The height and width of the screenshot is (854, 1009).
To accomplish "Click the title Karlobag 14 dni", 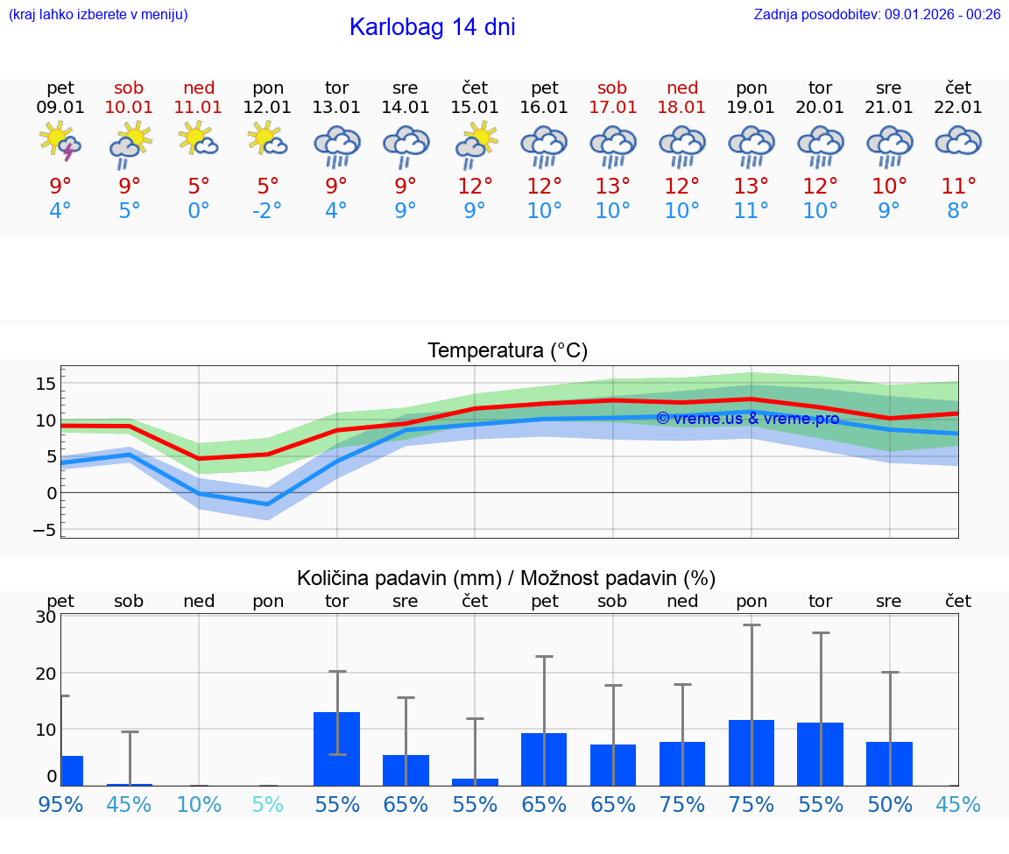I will (432, 27).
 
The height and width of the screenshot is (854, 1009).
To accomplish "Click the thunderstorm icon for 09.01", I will (60, 142).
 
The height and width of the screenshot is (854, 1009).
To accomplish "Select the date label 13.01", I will (336, 108).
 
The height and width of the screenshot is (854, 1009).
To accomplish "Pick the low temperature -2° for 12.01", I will (268, 211).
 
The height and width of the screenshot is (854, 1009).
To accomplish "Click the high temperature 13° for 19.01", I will (751, 186).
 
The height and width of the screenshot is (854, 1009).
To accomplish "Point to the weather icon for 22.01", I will (958, 141).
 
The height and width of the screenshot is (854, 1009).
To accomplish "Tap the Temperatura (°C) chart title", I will (507, 350).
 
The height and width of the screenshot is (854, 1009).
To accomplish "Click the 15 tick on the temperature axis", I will (46, 384).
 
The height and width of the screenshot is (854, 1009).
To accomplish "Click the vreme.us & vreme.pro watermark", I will (747, 419).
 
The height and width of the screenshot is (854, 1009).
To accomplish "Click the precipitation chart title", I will (506, 578).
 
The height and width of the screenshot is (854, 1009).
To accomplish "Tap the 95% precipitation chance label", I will (60, 804).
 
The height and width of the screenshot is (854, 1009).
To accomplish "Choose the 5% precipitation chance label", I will (268, 804).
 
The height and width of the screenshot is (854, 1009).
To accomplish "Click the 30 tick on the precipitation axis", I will (46, 617).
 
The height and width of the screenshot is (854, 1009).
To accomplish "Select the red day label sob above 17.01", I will (612, 88).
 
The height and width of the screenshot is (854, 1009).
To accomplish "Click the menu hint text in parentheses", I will (98, 14).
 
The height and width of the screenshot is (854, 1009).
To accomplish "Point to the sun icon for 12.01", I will (267, 139).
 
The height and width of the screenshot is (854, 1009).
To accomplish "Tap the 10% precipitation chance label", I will (199, 804).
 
